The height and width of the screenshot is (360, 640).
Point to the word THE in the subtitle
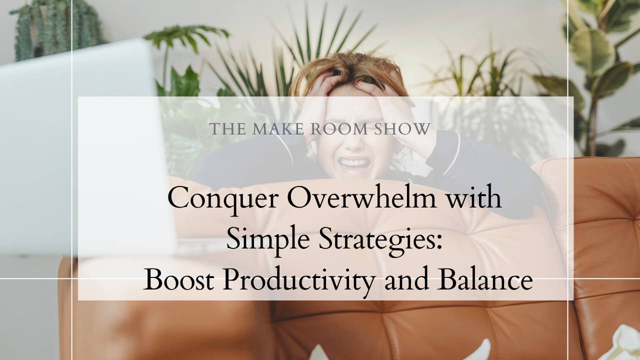point(227,129)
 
